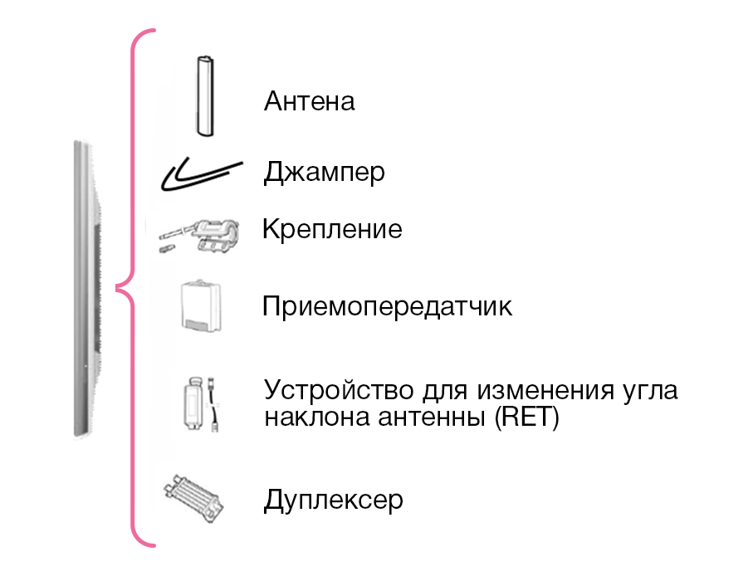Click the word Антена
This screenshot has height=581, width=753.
309,101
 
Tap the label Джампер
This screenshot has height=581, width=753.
325,173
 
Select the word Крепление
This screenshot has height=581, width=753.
332,228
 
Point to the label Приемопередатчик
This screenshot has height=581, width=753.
387,307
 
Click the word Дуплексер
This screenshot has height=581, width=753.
333,500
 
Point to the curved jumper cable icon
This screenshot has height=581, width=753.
203,174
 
